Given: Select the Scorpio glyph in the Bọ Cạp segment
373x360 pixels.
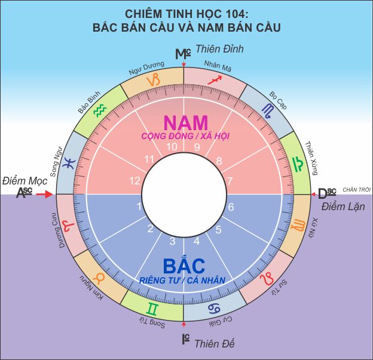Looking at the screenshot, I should pyautogui.click(x=266, y=108).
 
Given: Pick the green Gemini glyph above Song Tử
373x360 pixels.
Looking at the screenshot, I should pyautogui.click(x=154, y=309).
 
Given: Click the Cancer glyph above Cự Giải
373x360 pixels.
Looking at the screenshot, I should pyautogui.click(x=213, y=309).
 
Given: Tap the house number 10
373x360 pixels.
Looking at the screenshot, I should pyautogui.click(x=172, y=147).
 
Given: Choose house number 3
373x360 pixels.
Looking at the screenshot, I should pyautogui.click(x=172, y=241).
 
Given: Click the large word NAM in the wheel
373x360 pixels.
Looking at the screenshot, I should pyautogui.click(x=185, y=122).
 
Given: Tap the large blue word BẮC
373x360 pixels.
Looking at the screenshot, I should pyautogui.click(x=184, y=266).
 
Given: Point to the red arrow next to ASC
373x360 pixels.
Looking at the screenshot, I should pyautogui.click(x=45, y=193).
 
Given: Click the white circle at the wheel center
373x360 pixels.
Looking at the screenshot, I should pyautogui.click(x=184, y=194).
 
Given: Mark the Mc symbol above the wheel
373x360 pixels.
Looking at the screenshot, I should pyautogui.click(x=182, y=54).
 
